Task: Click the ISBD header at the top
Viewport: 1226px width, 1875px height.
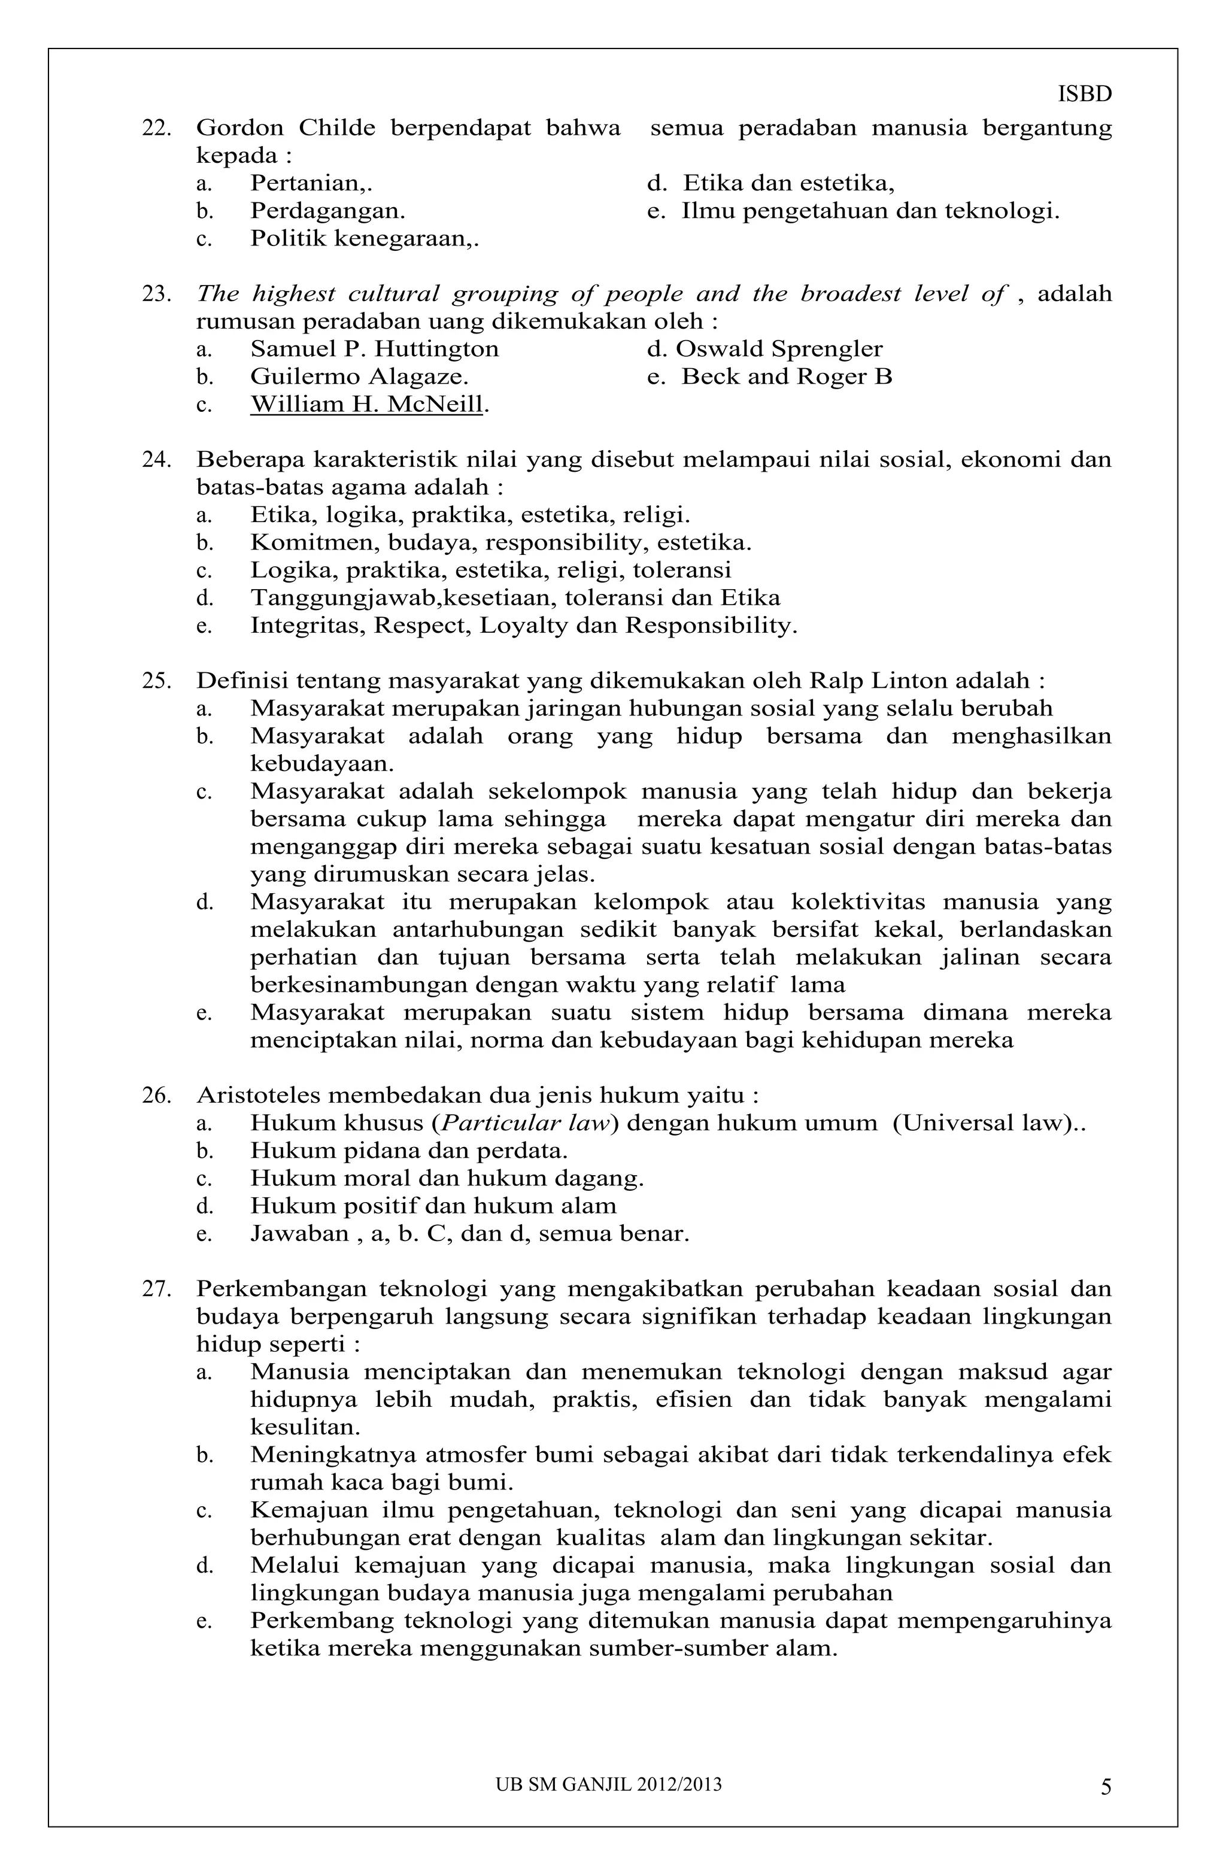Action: pos(1084,95)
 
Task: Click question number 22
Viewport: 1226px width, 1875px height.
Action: pos(156,128)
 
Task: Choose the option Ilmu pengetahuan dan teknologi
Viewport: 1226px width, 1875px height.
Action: pos(870,211)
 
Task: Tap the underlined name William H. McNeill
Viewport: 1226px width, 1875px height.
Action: pos(366,405)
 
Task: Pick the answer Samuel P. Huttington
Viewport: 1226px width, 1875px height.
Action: pos(374,349)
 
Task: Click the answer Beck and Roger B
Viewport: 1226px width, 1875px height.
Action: pos(787,377)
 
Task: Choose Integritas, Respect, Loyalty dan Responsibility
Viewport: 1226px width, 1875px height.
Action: pos(523,626)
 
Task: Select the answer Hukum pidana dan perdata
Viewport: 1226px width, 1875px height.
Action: pos(408,1151)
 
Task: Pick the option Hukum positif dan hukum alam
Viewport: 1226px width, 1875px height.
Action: pos(433,1206)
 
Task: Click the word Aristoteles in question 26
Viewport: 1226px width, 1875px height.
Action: pos(257,1096)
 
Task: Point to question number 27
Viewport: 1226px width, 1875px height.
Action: pos(156,1290)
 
